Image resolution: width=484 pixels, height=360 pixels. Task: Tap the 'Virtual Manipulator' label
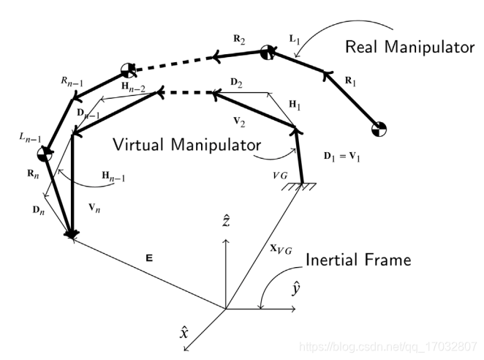(186, 143)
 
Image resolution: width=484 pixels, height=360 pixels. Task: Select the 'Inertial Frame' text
(358, 260)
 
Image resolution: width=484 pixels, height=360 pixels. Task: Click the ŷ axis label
(296, 289)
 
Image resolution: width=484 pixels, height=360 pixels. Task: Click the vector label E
(148, 258)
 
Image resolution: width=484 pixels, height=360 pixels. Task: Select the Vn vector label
(92, 209)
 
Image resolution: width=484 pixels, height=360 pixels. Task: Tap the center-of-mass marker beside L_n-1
(45, 154)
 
